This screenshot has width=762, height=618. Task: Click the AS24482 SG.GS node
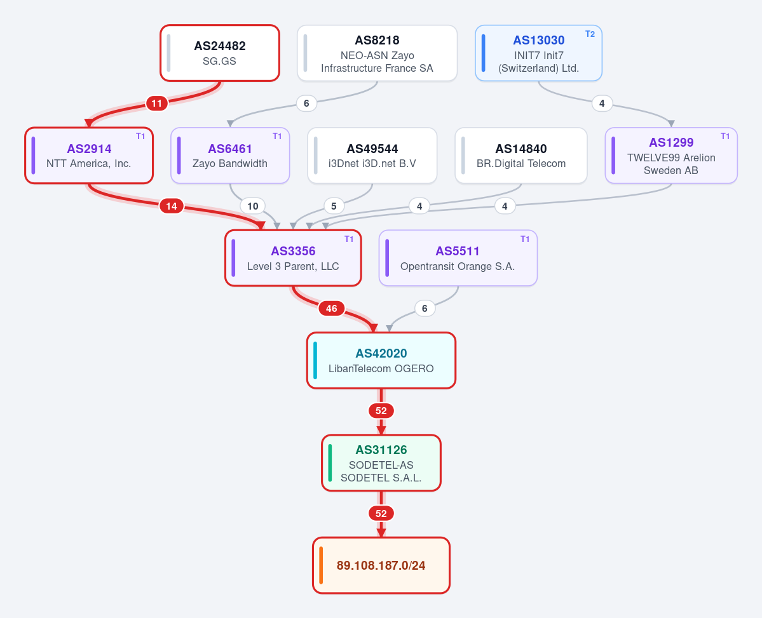tap(220, 53)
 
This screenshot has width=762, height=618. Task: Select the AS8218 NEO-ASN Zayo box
tap(377, 53)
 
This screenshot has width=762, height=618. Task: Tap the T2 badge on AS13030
tap(590, 34)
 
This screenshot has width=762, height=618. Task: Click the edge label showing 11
tap(156, 103)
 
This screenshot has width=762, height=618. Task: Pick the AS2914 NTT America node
tap(89, 156)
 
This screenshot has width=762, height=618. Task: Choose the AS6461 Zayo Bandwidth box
tap(230, 156)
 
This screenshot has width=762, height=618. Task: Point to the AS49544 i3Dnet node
tap(372, 156)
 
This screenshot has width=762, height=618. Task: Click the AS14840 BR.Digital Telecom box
tap(521, 156)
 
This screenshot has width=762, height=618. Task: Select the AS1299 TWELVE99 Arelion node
tap(671, 156)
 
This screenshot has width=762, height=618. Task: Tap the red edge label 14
tap(172, 206)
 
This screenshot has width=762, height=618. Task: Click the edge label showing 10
tap(253, 206)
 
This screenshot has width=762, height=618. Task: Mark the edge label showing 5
tap(334, 206)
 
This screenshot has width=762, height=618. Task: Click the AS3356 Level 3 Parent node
tap(293, 258)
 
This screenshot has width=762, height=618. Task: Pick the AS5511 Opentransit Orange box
tap(458, 258)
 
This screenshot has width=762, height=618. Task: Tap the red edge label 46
tap(332, 309)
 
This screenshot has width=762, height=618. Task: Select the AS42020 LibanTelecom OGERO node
tap(381, 361)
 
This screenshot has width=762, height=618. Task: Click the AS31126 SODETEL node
tap(381, 463)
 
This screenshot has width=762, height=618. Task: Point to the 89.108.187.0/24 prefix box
tap(381, 565)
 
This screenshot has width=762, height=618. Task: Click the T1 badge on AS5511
tap(525, 239)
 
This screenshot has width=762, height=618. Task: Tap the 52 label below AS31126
tap(381, 514)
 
